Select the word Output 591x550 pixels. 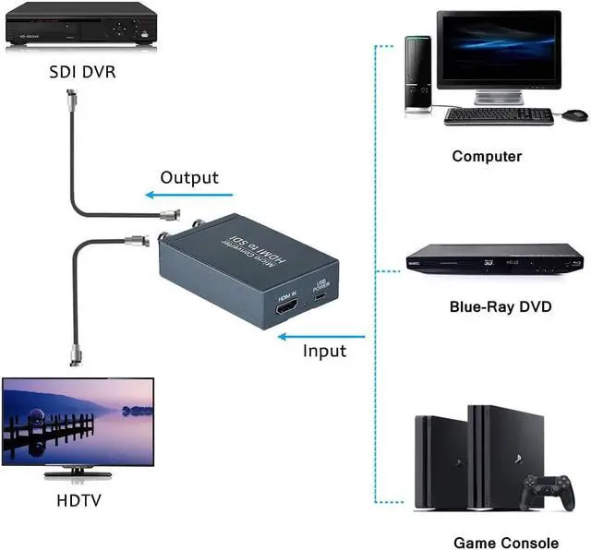pyautogui.click(x=189, y=177)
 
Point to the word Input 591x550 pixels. pyautogui.click(x=324, y=352)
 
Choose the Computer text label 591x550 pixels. pyautogui.click(x=487, y=157)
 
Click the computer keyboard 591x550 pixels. pyautogui.click(x=498, y=116)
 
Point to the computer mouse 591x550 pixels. pyautogui.click(x=574, y=114)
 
